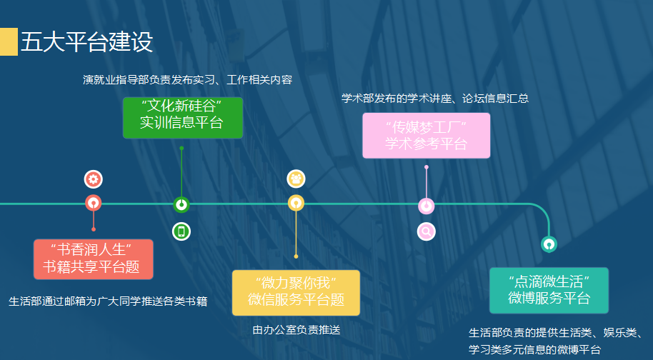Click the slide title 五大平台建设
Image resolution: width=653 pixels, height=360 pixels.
86,41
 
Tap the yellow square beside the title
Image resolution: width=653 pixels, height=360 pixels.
9,41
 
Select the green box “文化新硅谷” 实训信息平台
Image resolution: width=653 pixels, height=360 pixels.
183,118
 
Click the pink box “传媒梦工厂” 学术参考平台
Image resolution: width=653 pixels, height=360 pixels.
426,135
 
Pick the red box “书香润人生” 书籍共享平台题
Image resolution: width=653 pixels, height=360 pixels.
94,259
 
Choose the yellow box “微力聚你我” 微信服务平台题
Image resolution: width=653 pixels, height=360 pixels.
296,293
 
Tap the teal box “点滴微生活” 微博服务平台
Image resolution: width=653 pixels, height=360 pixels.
549,290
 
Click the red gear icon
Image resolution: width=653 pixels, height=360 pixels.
94,179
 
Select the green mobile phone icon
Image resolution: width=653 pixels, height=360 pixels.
181,231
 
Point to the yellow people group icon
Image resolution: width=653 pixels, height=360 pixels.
296,179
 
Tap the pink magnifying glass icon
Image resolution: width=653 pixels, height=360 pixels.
427,231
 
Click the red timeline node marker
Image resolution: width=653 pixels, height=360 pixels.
94,203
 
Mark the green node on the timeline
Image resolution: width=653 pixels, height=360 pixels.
181,204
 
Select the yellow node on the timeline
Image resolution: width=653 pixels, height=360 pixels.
296,203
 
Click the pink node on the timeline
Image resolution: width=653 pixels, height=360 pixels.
427,206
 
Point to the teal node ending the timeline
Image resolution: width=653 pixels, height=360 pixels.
549,244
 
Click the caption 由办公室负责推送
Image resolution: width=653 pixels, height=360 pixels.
296,329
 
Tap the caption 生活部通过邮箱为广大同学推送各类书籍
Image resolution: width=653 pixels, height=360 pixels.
108,301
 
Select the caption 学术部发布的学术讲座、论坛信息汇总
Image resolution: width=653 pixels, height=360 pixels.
435,99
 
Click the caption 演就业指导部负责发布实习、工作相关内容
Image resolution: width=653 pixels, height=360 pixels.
187,79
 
